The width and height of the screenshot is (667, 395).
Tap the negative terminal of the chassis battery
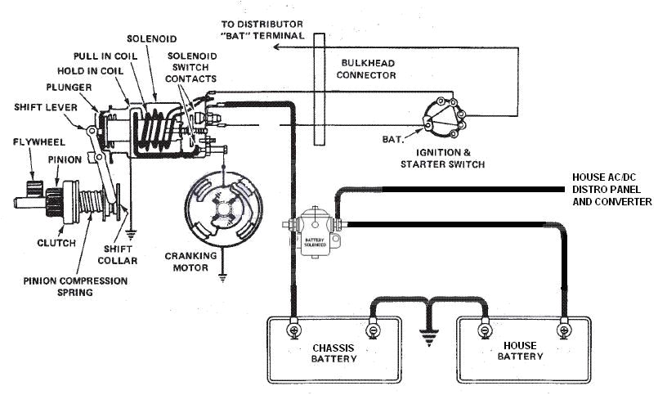click(372, 331)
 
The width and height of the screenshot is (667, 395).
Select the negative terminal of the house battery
click(485, 331)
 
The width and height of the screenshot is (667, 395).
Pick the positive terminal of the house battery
click(562, 331)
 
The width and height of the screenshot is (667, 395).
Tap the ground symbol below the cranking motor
click(222, 277)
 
